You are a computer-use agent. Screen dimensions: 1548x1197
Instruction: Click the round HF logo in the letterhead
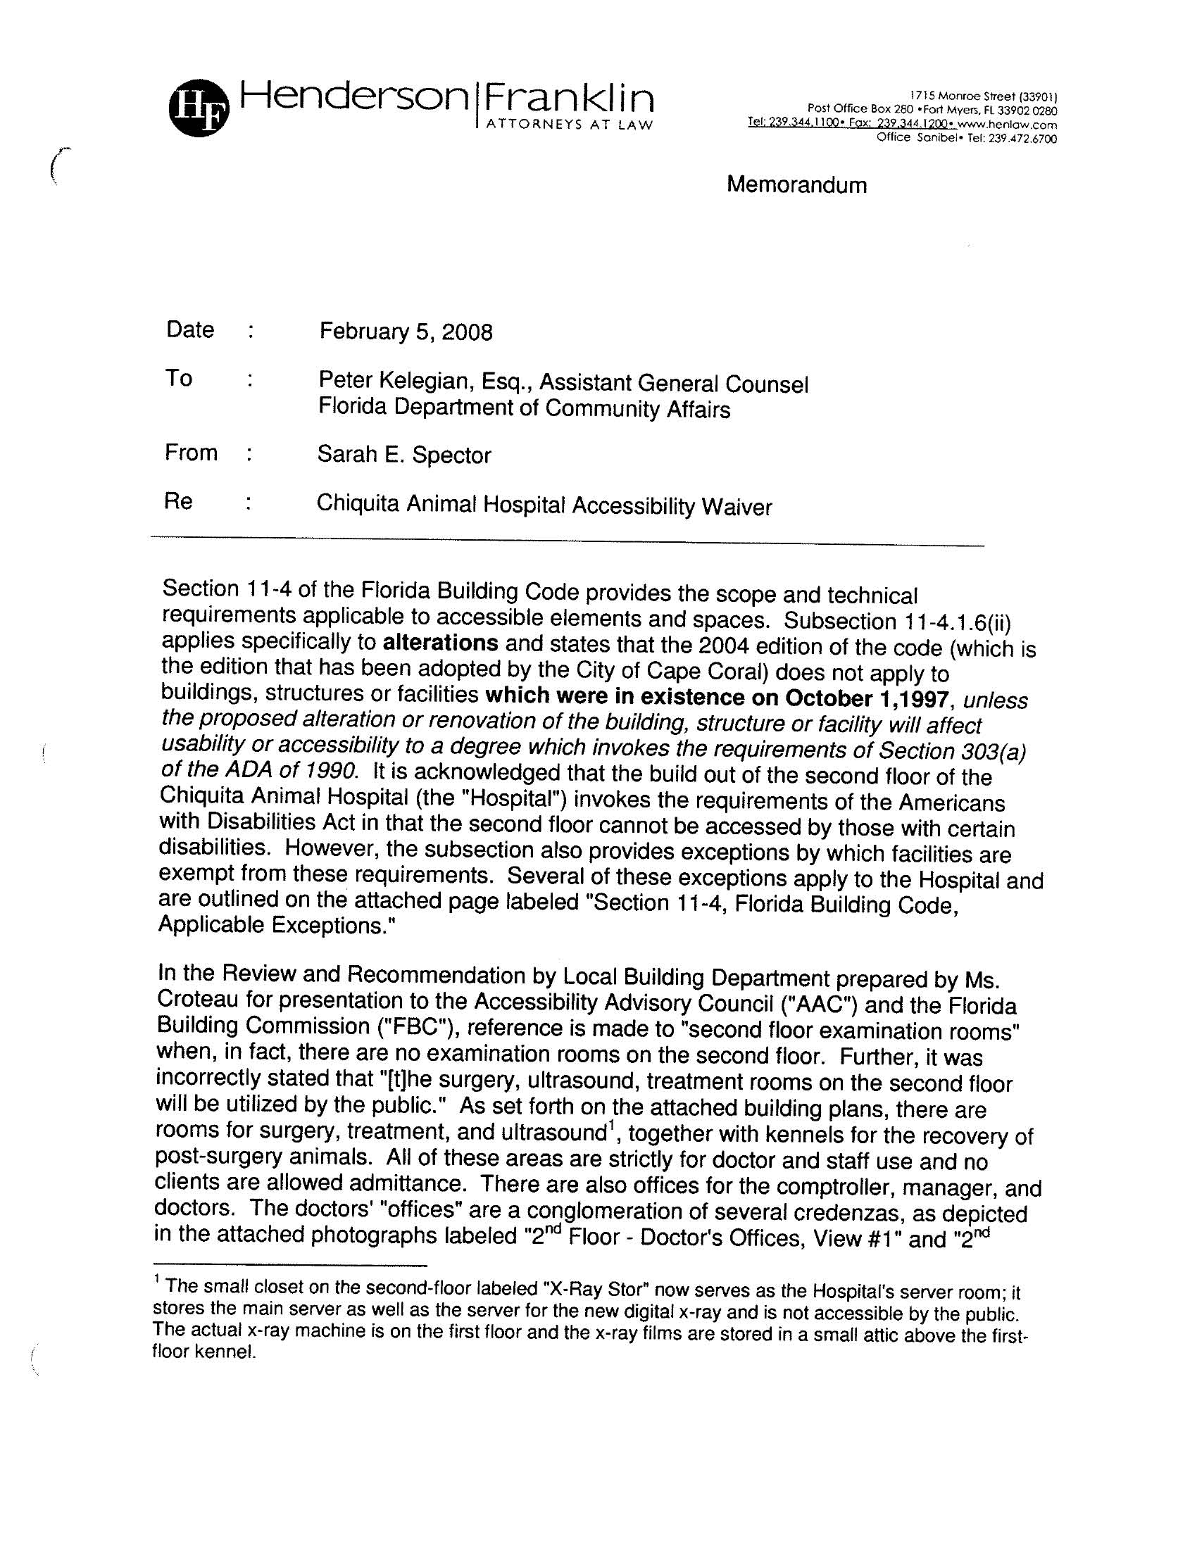pos(199,108)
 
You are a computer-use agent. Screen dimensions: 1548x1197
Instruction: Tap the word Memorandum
pos(796,185)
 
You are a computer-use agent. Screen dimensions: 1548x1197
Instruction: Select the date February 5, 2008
pos(406,332)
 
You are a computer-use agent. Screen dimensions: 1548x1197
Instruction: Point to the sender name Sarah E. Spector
pos(403,454)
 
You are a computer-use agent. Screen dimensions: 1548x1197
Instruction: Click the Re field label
pos(179,501)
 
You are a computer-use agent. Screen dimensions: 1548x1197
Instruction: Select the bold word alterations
pos(440,643)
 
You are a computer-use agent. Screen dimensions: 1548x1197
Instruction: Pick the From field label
pos(191,452)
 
